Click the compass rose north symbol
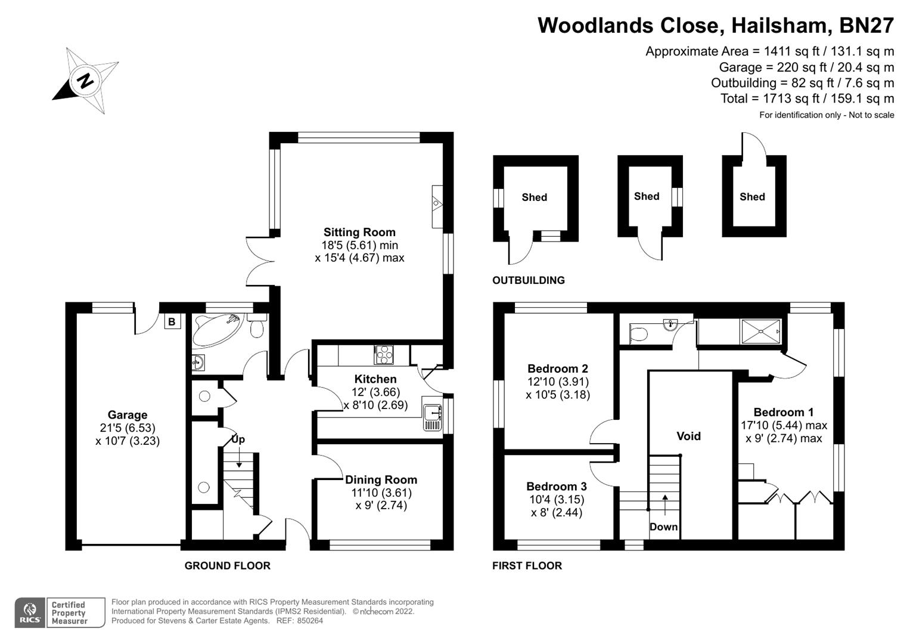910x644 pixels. (x=86, y=80)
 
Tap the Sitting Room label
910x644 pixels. (x=359, y=233)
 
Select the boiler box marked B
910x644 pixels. (x=172, y=322)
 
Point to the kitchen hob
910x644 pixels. (x=383, y=355)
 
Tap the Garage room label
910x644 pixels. (x=128, y=415)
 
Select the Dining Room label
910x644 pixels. (x=381, y=480)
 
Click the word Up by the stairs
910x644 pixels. (x=238, y=439)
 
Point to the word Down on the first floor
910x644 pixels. (x=663, y=527)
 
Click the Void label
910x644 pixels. (x=688, y=436)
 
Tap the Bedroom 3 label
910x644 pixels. (x=556, y=487)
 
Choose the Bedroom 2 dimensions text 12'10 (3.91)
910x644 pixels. (x=558, y=382)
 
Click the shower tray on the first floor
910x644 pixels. (x=760, y=332)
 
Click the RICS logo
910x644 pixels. (x=30, y=613)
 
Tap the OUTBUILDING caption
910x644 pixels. (x=528, y=280)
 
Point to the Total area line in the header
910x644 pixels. (x=807, y=98)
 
